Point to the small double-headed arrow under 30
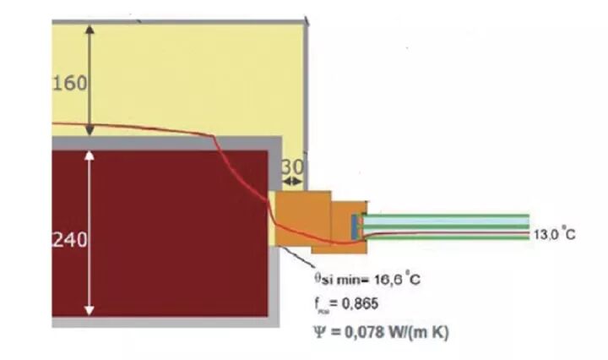point(294,181)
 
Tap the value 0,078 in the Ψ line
point(358,332)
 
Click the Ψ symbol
point(318,332)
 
